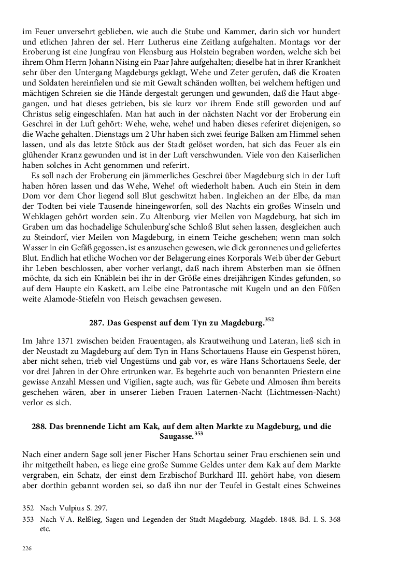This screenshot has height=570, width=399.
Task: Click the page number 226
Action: point(26,548)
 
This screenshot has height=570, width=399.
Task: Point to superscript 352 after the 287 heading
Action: point(269,320)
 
